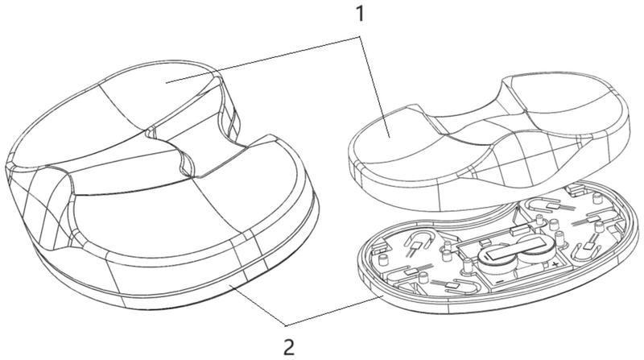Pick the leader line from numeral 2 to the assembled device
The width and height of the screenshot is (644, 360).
pos(258,309)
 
